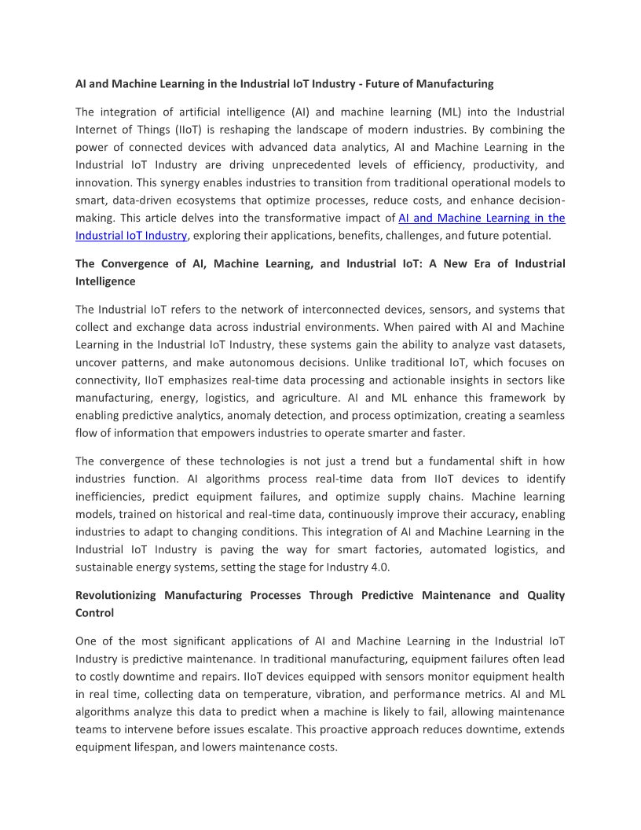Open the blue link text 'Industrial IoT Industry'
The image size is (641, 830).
[131, 236]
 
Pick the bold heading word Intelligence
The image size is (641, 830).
[105, 281]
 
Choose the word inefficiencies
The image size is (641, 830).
[112, 497]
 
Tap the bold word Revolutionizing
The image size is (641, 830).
[115, 595]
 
